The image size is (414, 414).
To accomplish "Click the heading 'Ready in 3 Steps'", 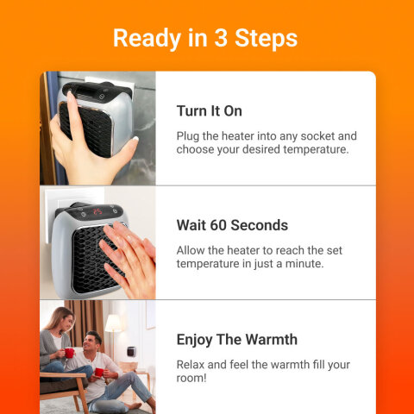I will point(205,38).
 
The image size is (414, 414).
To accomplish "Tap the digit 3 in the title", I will point(216,38).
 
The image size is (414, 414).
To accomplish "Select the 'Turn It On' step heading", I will point(209,111).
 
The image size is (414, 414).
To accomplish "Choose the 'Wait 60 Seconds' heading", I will point(232,225).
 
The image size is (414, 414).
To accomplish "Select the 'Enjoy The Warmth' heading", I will point(236,339).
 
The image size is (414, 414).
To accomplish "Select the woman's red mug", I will point(69,352).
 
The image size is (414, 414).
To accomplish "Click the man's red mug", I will point(98,372).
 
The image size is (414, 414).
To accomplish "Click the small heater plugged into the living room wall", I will point(131,352).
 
